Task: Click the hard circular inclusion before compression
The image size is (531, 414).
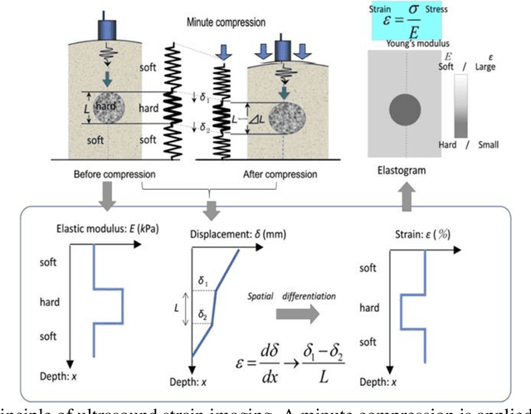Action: coord(110,109)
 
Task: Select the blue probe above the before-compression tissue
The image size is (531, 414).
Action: coord(108,28)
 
